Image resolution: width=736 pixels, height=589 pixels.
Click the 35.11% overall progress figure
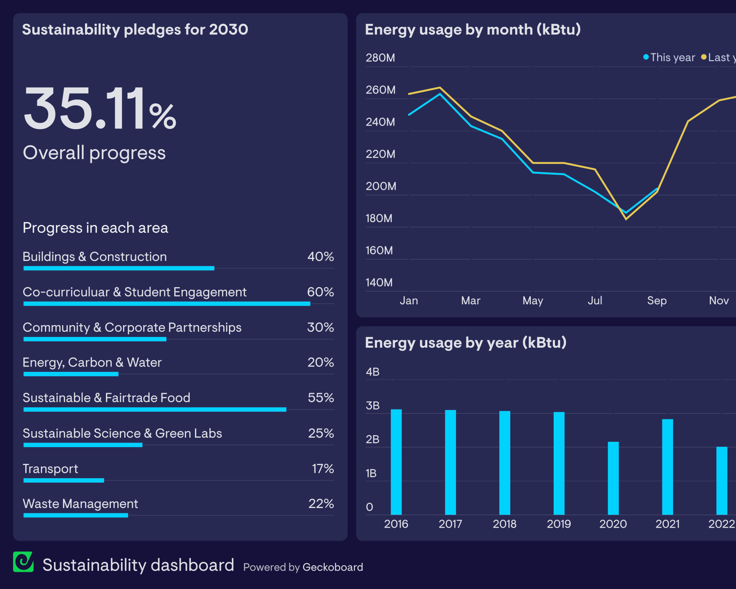click(x=100, y=109)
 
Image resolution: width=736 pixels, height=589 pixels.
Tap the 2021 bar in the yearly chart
click(x=667, y=466)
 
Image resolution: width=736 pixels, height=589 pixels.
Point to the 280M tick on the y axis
click(x=380, y=58)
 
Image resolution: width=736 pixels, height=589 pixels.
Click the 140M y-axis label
click(x=379, y=283)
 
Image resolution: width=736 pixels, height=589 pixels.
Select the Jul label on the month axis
click(x=595, y=301)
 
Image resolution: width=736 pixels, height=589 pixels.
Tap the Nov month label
click(x=719, y=301)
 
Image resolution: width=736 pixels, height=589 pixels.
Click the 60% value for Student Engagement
click(x=321, y=292)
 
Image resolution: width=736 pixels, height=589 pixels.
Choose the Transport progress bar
click(x=64, y=480)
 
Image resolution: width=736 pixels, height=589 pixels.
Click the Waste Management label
click(x=81, y=504)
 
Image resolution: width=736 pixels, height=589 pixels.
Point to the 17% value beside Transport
click(x=323, y=469)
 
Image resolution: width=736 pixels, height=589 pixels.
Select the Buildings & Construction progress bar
click(x=119, y=268)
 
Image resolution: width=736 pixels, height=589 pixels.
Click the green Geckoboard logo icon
click(x=23, y=562)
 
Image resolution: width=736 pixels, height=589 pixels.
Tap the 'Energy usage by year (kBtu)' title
click(x=466, y=343)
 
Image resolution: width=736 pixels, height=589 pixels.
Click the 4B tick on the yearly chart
click(x=372, y=372)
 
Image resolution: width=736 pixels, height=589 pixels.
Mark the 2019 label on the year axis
click(x=559, y=524)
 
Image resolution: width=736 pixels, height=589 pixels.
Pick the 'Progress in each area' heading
click(x=95, y=228)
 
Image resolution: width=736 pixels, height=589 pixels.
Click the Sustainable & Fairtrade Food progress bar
click(x=155, y=409)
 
